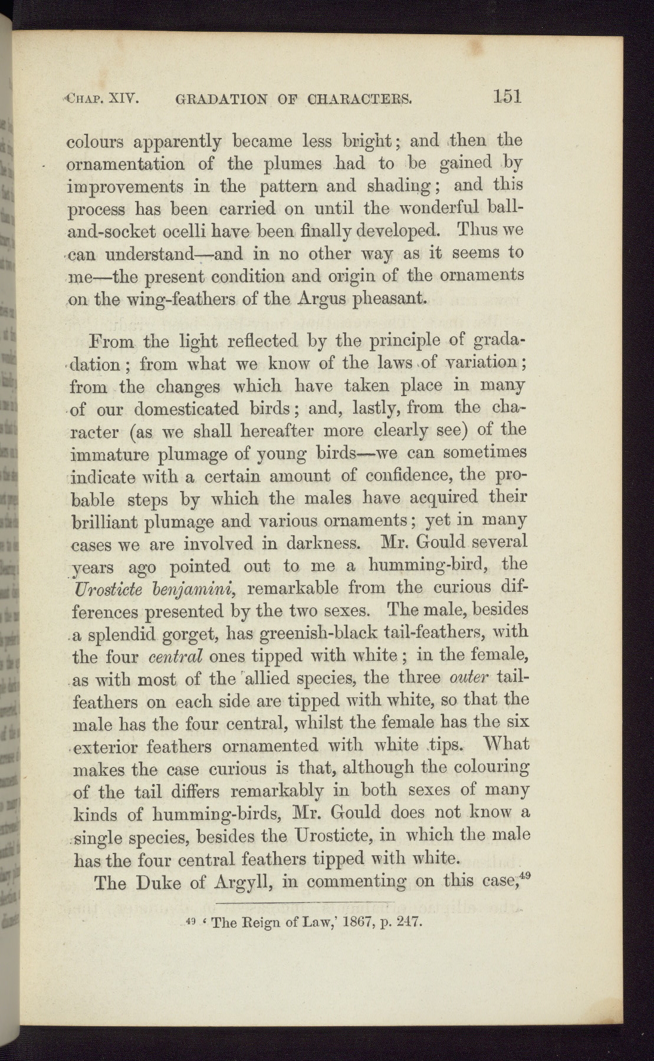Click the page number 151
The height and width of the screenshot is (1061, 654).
(508, 95)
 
